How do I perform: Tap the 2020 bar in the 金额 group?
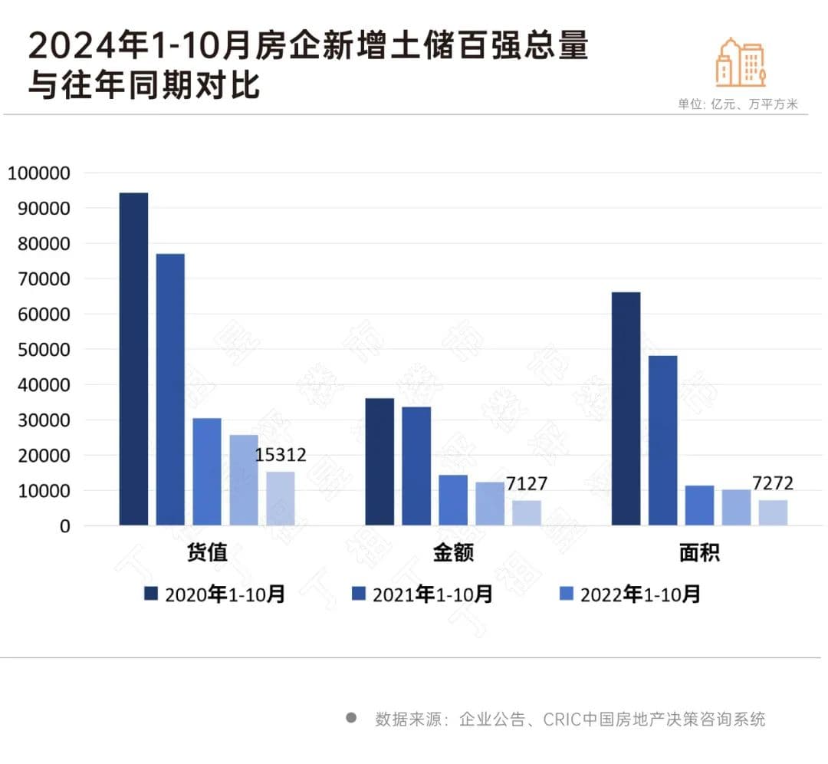pyautogui.click(x=379, y=462)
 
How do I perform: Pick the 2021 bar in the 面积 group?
pyautogui.click(x=662, y=440)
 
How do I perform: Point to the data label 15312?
pyautogui.click(x=281, y=455)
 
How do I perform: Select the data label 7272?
pyautogui.click(x=772, y=484)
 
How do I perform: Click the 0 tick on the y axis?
pyautogui.click(x=65, y=526)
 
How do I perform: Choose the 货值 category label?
pyautogui.click(x=207, y=553)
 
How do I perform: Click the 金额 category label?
pyautogui.click(x=453, y=553)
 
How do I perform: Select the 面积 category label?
pyautogui.click(x=699, y=553)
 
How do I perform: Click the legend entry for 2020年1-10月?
pyautogui.click(x=215, y=594)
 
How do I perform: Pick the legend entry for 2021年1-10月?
pyautogui.click(x=422, y=594)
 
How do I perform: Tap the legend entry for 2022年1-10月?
pyautogui.click(x=629, y=594)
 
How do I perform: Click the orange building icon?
pyautogui.click(x=741, y=61)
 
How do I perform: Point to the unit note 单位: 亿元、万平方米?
pyautogui.click(x=738, y=104)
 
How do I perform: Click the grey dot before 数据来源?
pyautogui.click(x=351, y=718)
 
